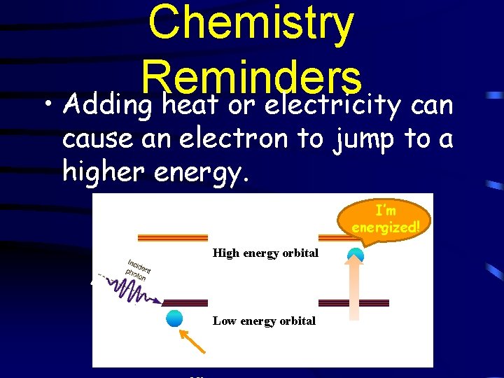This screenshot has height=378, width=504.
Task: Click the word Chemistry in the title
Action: click(251, 22)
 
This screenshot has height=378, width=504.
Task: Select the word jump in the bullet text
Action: click(360, 139)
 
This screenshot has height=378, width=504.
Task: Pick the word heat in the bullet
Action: click(188, 106)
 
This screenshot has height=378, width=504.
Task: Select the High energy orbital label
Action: click(265, 253)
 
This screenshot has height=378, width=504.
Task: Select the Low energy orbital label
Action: click(264, 321)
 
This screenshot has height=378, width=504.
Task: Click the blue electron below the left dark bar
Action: click(174, 318)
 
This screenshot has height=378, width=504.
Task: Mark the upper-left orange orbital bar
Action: click(173, 237)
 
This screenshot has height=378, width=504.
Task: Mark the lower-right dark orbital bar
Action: click(353, 303)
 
